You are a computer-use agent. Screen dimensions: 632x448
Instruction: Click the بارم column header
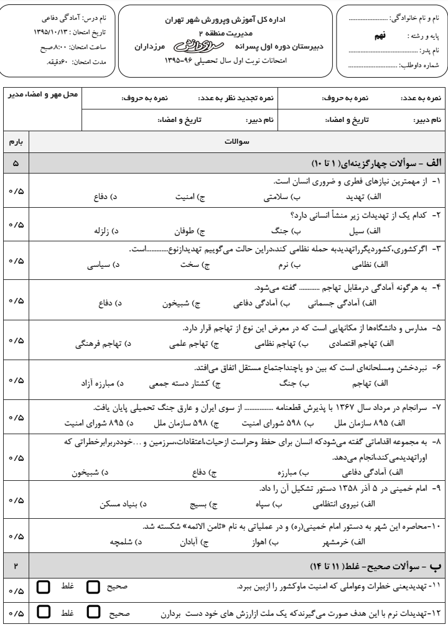click(x=15, y=142)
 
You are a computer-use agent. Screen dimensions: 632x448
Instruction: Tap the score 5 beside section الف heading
click(x=15, y=163)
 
